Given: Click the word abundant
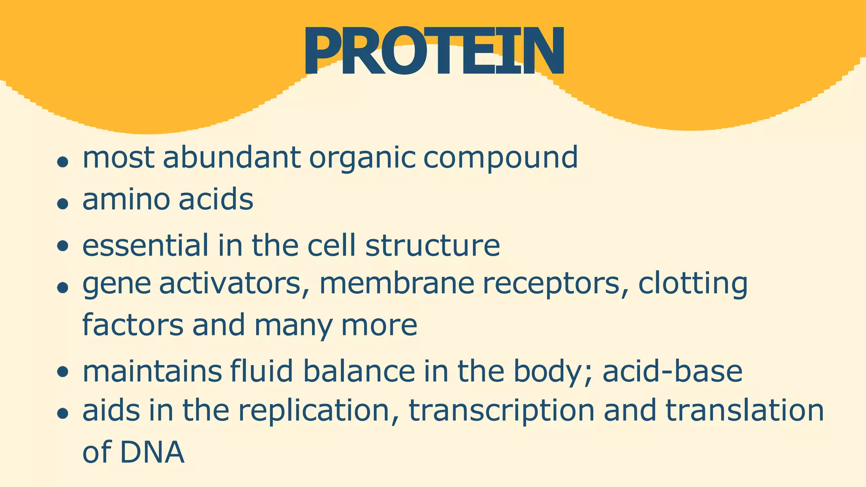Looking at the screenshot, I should coord(232,157).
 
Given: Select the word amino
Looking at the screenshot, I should coord(126,200).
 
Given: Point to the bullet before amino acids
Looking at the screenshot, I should coord(63,204).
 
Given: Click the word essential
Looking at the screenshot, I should coord(145,245).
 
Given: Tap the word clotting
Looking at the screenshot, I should coord(693,284).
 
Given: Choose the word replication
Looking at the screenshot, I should coord(314,411).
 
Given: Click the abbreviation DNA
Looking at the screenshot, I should coord(152,452).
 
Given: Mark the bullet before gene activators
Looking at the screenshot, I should coord(63,288).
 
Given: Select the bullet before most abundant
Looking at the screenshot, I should coord(63,162).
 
